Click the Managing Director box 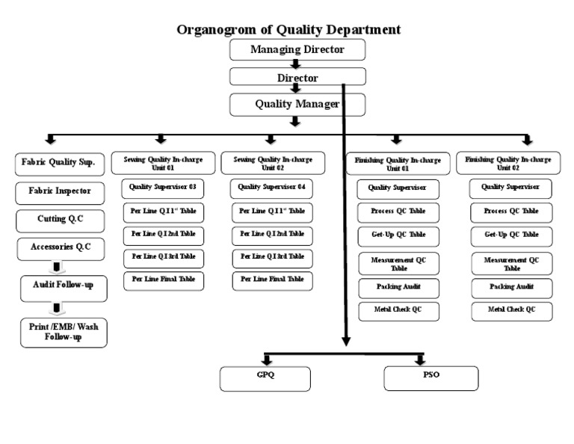click(297, 50)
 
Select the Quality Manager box click(297, 104)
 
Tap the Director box click(297, 77)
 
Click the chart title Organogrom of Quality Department click(288, 30)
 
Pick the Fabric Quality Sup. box click(58, 162)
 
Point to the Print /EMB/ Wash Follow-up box click(64, 331)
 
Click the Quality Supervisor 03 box click(162, 187)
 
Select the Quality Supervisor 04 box click(271, 187)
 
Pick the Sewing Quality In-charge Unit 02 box click(272, 162)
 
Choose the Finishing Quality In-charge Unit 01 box click(398, 163)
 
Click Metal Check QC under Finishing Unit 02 click(511, 310)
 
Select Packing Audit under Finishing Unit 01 click(398, 288)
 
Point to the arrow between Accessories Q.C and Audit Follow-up click(56, 268)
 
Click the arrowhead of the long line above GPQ click(345, 342)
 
